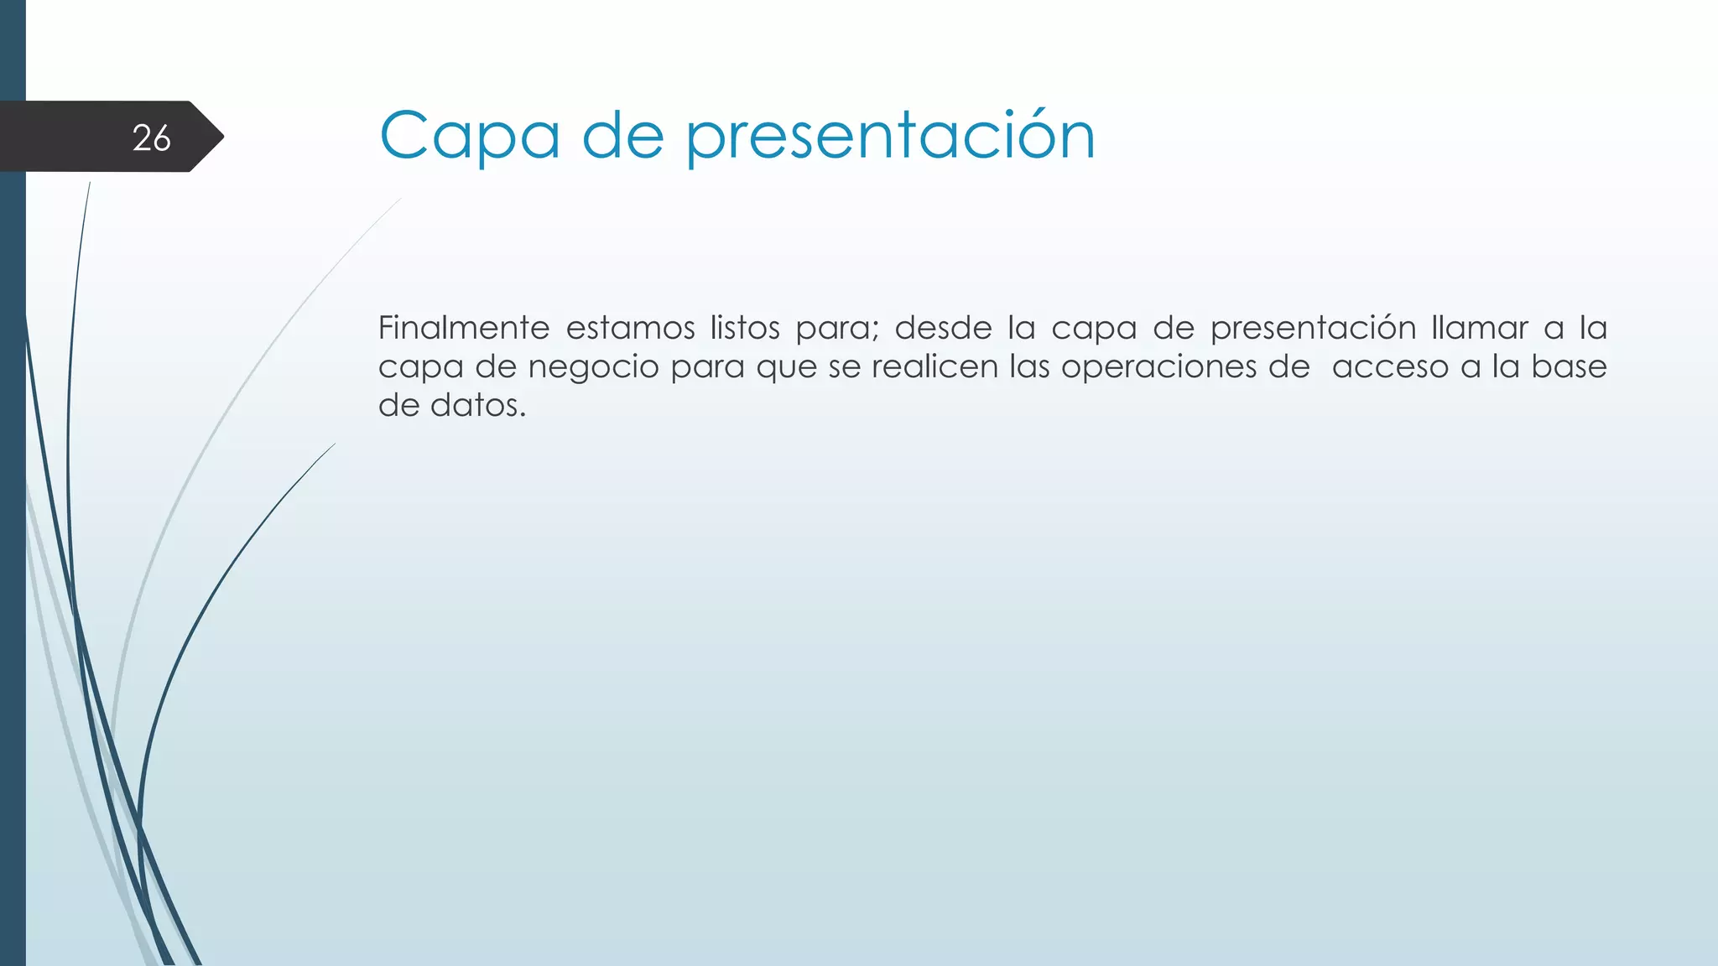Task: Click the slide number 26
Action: tap(152, 138)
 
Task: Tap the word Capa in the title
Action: tap(470, 136)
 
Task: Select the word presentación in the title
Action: tap(891, 136)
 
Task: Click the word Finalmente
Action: tap(463, 328)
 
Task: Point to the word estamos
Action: tap(630, 328)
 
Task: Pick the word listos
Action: tap(745, 328)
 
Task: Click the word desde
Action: tap(943, 328)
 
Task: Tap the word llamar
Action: tap(1480, 328)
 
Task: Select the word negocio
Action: tap(594, 367)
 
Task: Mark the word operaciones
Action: tap(1158, 366)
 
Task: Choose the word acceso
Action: tap(1390, 367)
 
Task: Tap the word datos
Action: tap(477, 406)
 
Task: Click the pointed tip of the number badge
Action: tap(221, 137)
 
